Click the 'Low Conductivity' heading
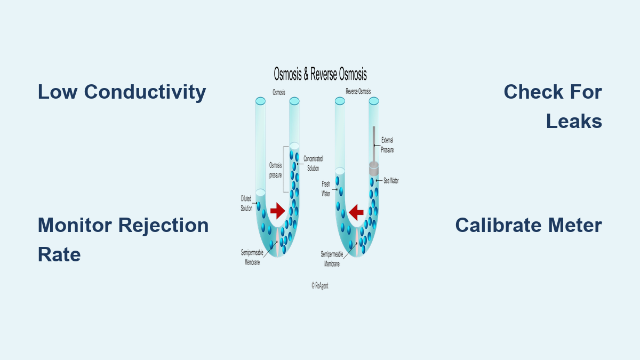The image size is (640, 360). point(122,92)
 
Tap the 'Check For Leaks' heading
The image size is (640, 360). point(553,106)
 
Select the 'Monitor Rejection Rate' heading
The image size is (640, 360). point(123,239)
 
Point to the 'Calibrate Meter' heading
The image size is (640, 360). point(529,225)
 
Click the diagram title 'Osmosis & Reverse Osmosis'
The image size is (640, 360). point(321,74)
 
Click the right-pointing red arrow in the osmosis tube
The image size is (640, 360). point(278,211)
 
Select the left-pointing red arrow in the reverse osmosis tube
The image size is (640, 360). point(356,212)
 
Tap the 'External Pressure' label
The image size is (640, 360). point(387,145)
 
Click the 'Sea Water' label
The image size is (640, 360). point(391,181)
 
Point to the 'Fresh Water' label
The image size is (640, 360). point(326,189)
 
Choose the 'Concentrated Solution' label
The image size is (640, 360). point(313,163)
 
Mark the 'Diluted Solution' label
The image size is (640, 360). point(246,203)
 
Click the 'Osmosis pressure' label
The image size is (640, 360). point(275,170)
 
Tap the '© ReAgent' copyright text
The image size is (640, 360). point(320,286)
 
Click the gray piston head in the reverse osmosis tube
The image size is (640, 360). point(374,169)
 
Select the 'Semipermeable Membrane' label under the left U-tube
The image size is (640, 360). point(252,258)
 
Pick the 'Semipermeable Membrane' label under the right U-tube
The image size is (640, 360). point(332,259)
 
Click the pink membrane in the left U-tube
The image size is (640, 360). point(277,242)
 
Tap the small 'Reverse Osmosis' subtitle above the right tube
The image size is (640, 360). point(358,91)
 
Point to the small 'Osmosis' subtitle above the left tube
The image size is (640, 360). point(279,92)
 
